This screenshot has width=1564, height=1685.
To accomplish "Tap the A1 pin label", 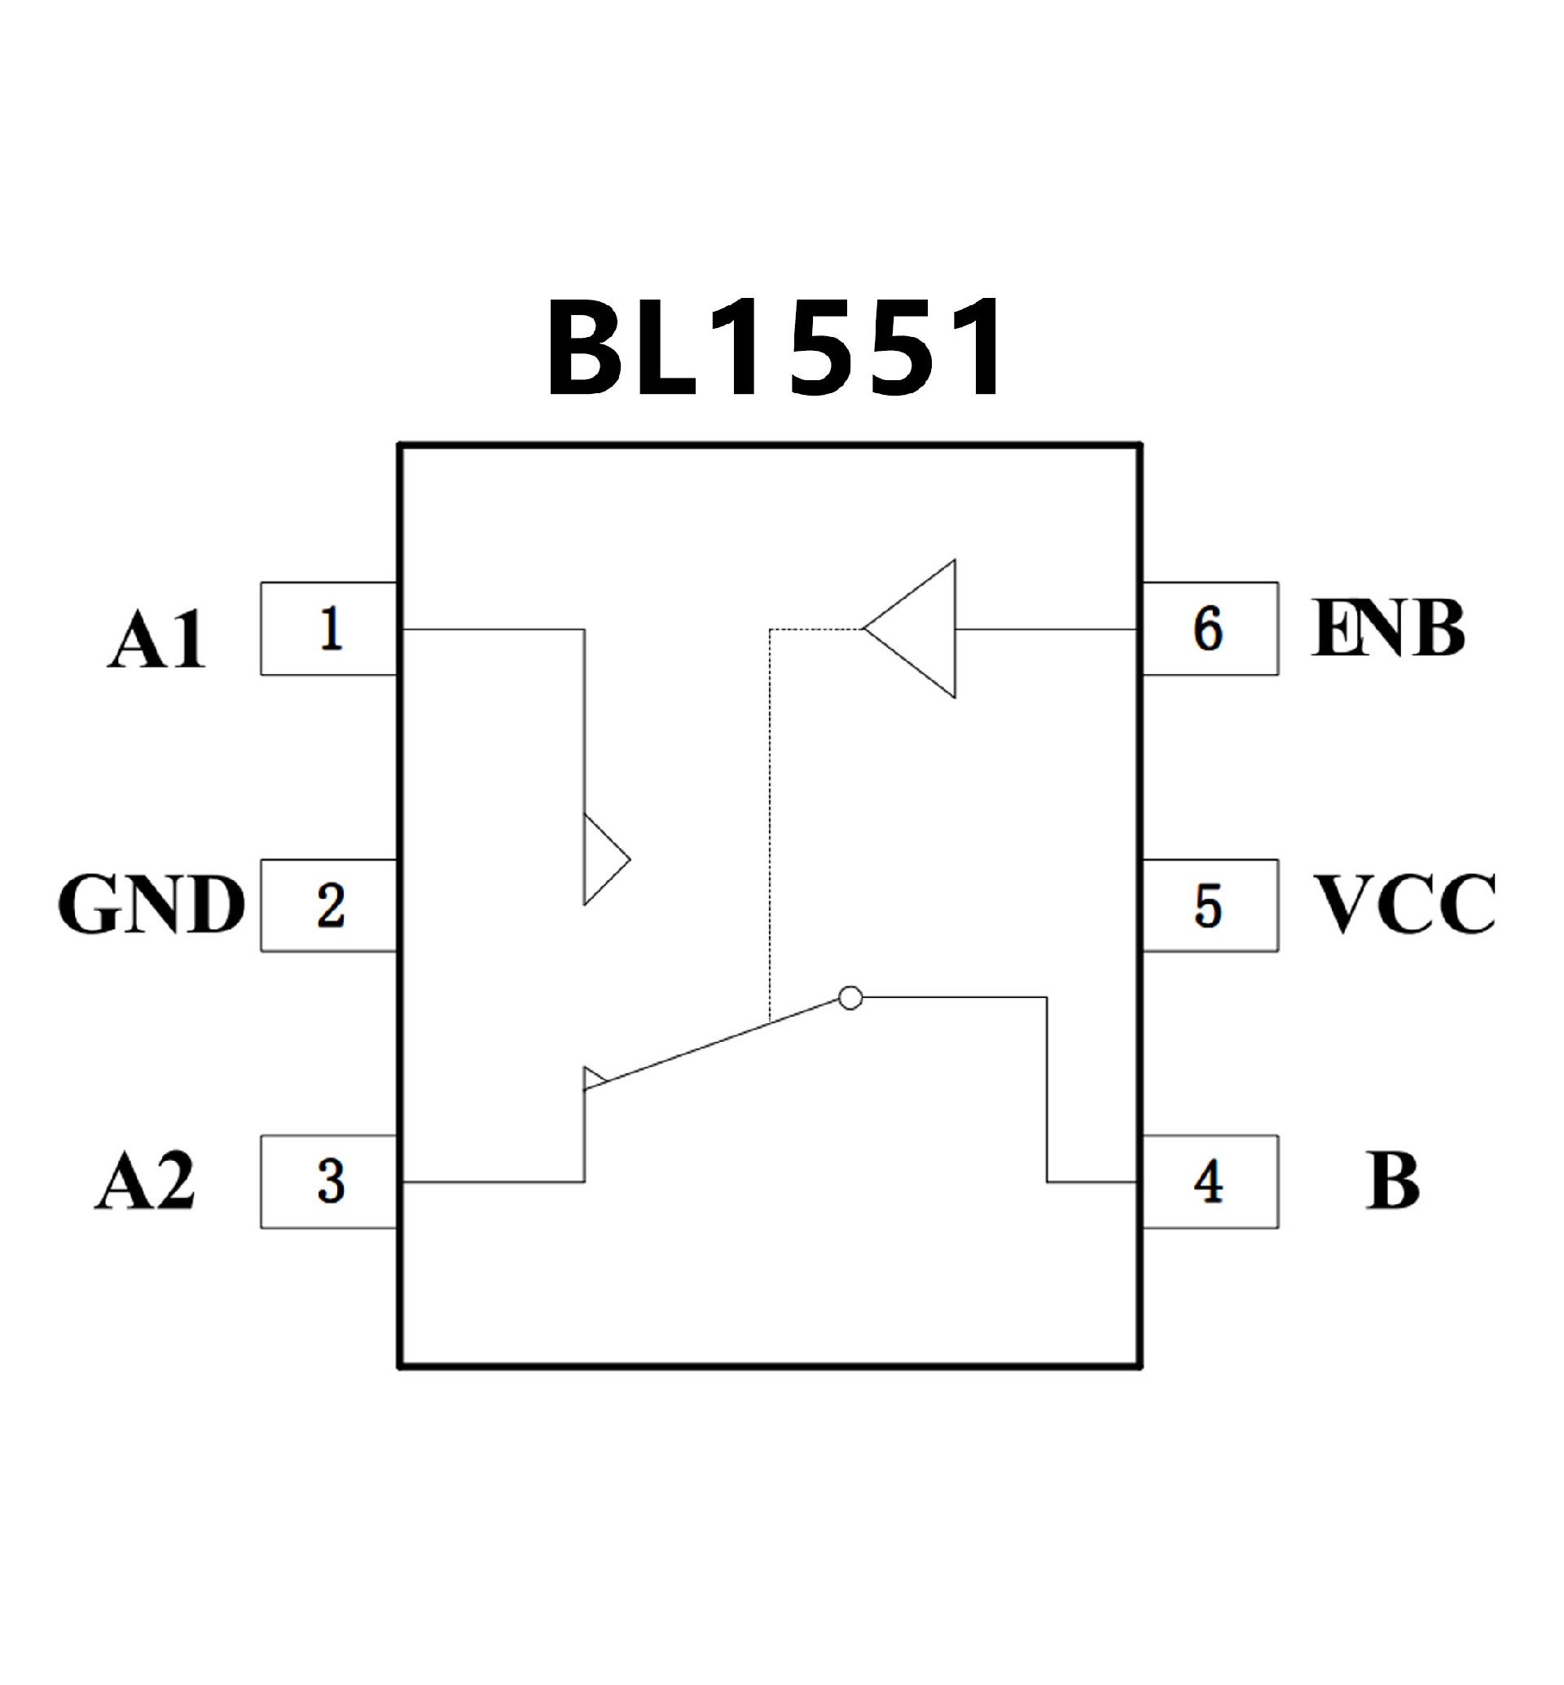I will click(156, 641).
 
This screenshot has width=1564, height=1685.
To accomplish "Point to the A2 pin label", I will click(145, 1181).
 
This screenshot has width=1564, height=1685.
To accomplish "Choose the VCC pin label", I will click(1404, 904).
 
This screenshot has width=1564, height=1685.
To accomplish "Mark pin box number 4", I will click(1209, 1182).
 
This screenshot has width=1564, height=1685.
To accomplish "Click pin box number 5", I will click(1209, 906).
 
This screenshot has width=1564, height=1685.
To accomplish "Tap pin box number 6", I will click(1209, 628).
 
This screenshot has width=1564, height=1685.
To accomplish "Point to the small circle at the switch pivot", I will click(850, 998).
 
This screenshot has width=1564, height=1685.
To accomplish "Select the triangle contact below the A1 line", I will click(600, 860).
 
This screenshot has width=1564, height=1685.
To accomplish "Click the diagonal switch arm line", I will click(719, 1042).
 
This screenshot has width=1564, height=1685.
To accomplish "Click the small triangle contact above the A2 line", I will click(591, 1079).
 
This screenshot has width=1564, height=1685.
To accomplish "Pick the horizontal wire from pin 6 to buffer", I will click(1045, 629).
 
